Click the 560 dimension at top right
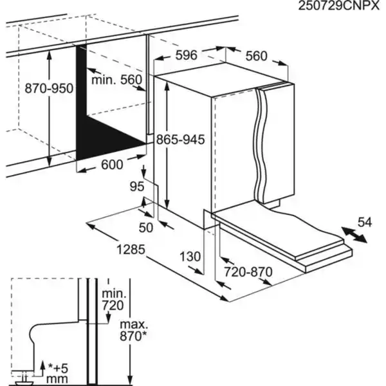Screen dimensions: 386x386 tap(255, 56)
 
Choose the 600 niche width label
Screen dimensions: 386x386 tap(111, 165)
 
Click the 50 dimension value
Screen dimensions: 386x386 tap(147, 227)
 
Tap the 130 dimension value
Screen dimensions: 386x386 tap(190, 257)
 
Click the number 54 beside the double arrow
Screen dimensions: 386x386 tap(365, 223)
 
